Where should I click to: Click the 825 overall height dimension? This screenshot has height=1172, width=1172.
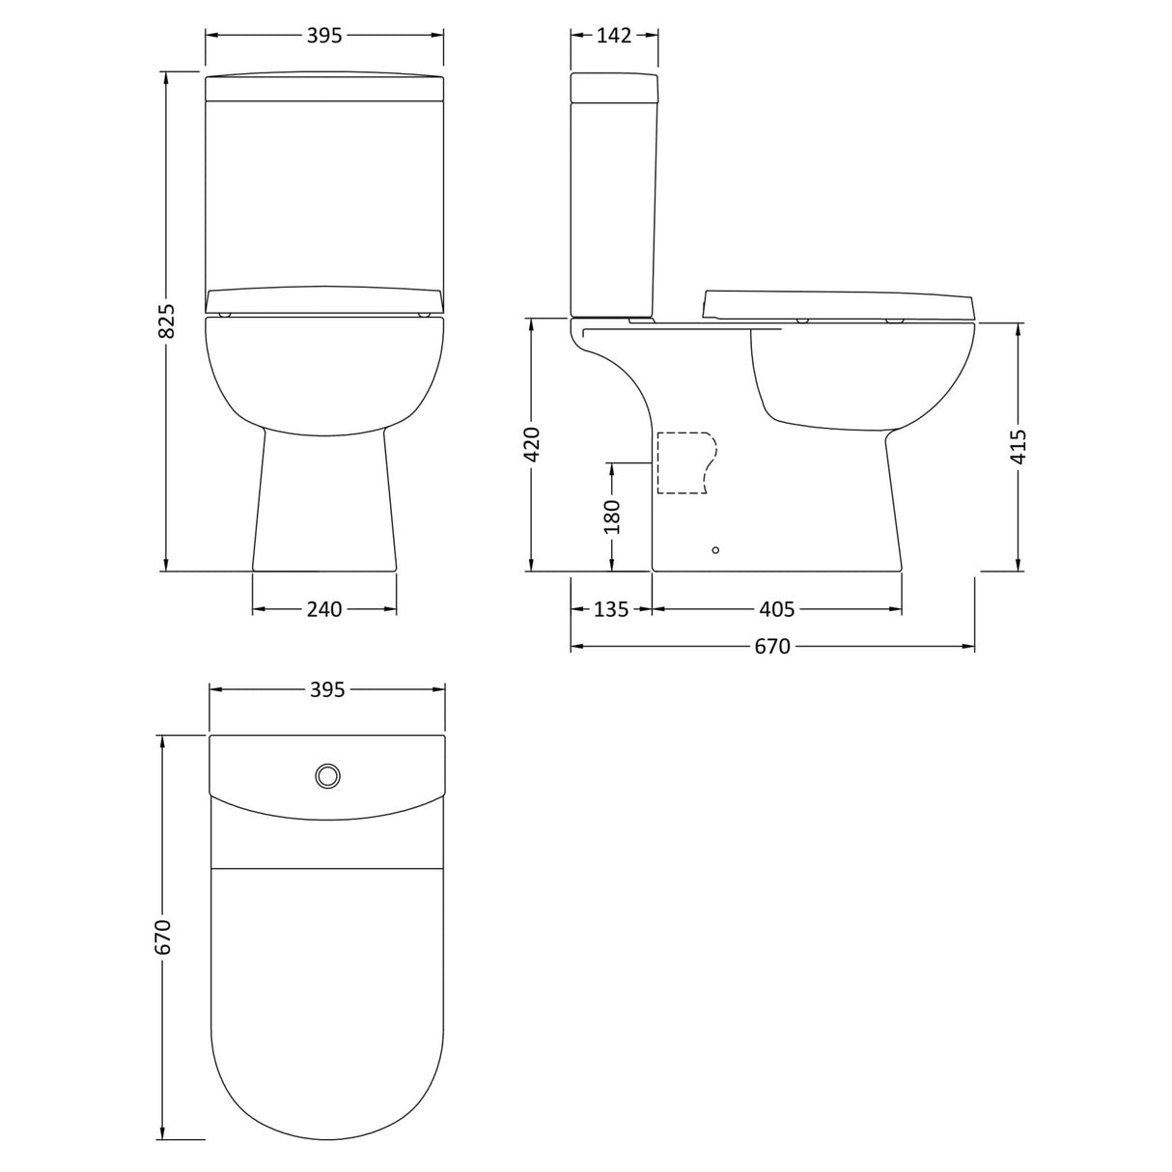click(x=167, y=321)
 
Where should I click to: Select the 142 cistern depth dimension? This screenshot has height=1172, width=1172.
click(x=614, y=36)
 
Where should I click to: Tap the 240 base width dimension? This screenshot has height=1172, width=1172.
click(x=324, y=609)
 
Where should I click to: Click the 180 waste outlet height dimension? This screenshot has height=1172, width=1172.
click(x=612, y=516)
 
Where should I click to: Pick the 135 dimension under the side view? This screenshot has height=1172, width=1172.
click(x=610, y=609)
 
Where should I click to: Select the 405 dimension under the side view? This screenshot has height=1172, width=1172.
click(x=776, y=609)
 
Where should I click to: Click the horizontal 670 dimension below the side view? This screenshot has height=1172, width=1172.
click(x=772, y=646)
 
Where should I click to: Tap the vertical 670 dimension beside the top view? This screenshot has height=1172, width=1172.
click(x=163, y=936)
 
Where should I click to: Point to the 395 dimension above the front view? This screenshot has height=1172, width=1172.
click(x=324, y=36)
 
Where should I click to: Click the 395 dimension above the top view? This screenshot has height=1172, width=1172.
click(x=327, y=689)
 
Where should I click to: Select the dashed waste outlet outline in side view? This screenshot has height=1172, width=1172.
click(x=686, y=463)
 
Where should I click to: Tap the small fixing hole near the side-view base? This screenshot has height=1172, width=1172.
click(x=715, y=550)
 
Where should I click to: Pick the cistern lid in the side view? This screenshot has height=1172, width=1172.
click(x=614, y=87)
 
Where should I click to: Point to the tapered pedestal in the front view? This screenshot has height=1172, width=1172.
click(x=324, y=502)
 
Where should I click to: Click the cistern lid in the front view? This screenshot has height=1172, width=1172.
click(x=324, y=87)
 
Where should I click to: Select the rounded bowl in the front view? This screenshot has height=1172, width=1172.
click(x=324, y=372)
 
